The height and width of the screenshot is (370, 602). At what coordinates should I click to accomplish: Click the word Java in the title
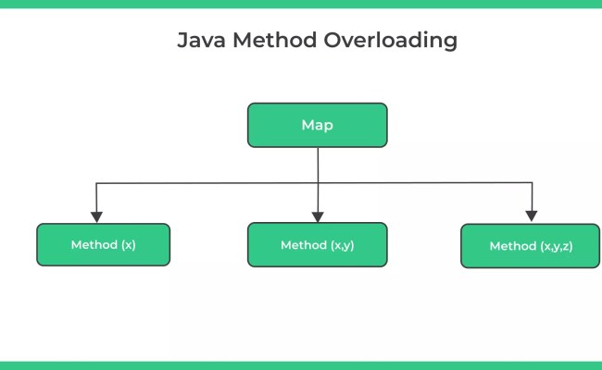(x=200, y=41)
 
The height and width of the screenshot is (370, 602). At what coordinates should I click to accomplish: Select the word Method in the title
(x=270, y=41)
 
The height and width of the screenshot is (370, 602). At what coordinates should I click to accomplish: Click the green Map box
(x=317, y=125)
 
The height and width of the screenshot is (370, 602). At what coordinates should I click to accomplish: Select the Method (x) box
(x=103, y=245)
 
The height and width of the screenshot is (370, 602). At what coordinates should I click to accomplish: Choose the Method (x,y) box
(x=317, y=245)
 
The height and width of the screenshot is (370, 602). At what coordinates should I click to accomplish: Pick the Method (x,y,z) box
(x=530, y=246)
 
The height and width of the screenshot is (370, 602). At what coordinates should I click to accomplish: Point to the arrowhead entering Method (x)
(x=96, y=216)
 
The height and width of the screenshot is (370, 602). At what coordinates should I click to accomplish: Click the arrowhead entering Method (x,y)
(x=318, y=216)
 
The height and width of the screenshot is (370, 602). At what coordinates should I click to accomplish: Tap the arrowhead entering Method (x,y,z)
(x=532, y=216)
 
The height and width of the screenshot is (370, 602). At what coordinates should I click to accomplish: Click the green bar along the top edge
(x=301, y=4)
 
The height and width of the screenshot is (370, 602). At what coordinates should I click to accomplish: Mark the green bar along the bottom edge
(x=301, y=365)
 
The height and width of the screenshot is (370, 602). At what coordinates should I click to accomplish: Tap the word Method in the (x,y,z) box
(x=511, y=246)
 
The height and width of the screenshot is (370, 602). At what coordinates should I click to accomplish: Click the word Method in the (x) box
(x=92, y=245)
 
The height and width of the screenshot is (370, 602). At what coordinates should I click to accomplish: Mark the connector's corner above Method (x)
(x=96, y=184)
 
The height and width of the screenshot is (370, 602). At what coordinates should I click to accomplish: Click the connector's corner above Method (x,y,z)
(x=532, y=184)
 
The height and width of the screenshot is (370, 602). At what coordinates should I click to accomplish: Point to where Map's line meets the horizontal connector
(x=318, y=184)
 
